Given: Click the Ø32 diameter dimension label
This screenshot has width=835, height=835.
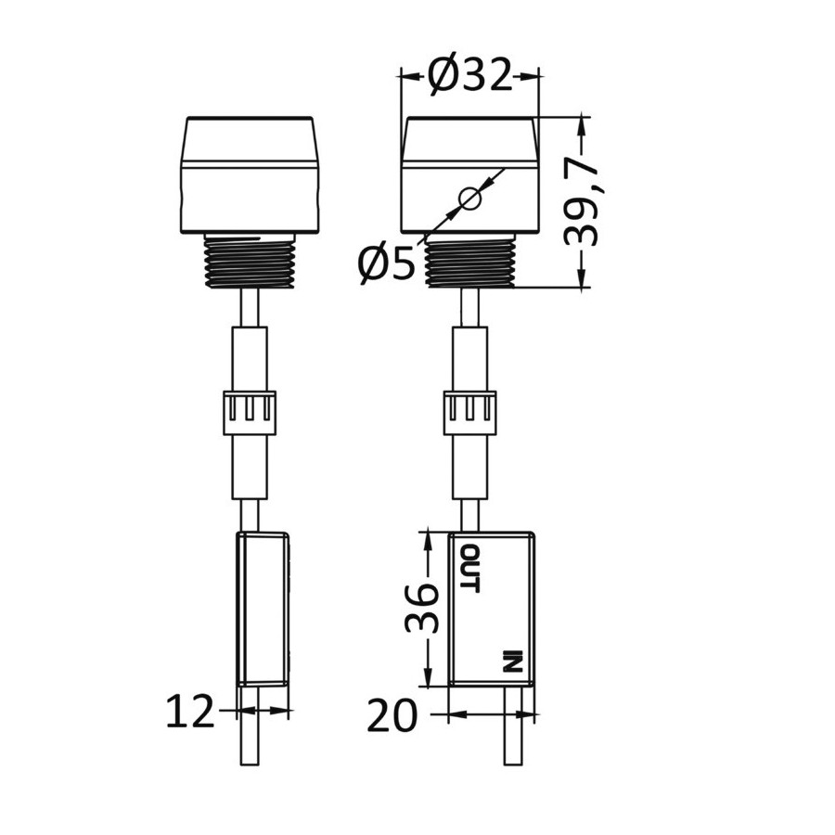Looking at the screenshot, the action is coord(469,75).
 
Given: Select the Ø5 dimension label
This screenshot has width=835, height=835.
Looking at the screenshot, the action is coord(386,263).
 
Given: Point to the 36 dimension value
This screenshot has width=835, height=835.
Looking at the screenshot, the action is coord(422,608).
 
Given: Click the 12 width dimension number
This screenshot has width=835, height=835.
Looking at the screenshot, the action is coord(190,712).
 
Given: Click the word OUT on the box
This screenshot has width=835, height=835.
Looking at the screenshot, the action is coord(469,568).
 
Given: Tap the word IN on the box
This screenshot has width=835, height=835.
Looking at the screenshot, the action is coord(512,661).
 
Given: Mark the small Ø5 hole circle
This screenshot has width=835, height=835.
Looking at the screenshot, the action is coord(470,199).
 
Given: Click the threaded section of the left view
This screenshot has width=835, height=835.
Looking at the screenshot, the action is coord(250,261).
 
